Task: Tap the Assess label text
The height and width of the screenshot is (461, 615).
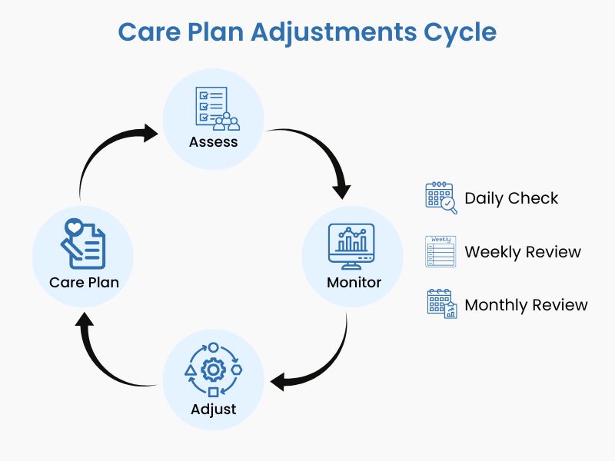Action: (214, 142)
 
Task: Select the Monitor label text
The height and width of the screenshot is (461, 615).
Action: (354, 282)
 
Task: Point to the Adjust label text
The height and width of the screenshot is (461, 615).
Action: (214, 409)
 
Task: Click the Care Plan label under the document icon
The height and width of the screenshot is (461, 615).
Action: (84, 282)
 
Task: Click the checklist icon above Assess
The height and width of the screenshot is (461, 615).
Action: (213, 108)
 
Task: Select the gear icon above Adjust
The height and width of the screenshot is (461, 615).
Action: (213, 370)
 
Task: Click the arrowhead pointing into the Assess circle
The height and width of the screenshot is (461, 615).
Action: (149, 133)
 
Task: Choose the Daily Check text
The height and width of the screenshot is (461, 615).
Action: (511, 198)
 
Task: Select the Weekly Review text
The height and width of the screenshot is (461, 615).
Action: (523, 251)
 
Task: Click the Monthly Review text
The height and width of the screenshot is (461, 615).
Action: (526, 305)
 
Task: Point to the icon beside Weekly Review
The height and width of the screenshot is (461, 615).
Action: (440, 251)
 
